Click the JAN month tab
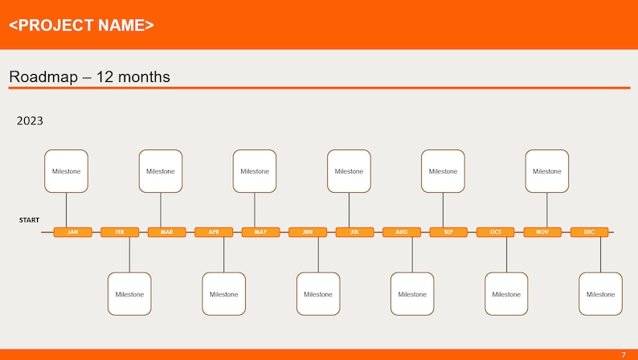click(72, 232)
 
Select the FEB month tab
click(120, 232)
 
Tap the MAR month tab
click(166, 232)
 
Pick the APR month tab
click(214, 232)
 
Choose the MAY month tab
click(260, 232)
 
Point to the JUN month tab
click(308, 232)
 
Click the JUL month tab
click(354, 232)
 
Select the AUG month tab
click(402, 232)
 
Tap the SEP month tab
click(448, 232)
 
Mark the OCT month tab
click(496, 232)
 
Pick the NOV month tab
click(542, 232)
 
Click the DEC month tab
click(590, 232)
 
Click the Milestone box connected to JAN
click(66, 171)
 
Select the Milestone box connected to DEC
click(600, 294)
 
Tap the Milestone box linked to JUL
click(349, 171)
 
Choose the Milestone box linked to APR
click(223, 294)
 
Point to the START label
click(30, 219)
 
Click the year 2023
click(30, 121)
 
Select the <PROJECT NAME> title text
click(81, 25)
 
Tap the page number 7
click(623, 354)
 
